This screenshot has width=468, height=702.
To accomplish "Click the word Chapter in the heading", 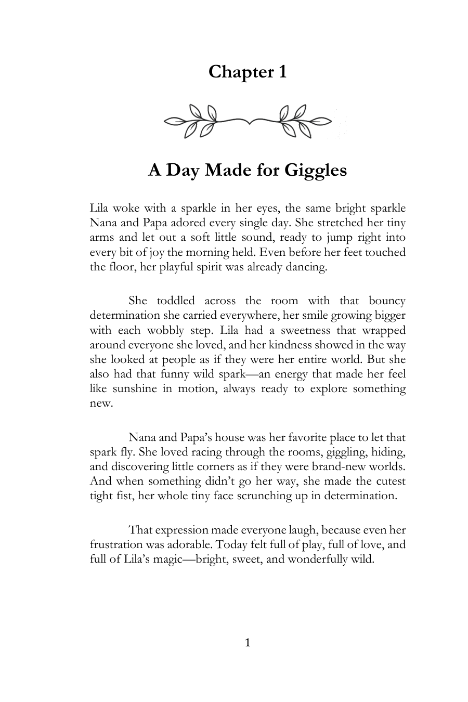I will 236,72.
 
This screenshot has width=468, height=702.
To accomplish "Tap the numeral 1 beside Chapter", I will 281,72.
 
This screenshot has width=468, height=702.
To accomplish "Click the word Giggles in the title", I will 315,170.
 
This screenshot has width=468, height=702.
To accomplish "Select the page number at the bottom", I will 248,643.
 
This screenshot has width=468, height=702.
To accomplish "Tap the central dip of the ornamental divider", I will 249,123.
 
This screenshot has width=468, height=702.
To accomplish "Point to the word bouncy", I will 387,301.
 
